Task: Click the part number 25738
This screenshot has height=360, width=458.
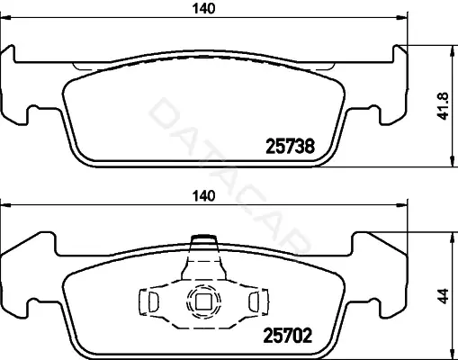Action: coord(291,147)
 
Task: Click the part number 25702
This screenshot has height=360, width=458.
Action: coord(287,335)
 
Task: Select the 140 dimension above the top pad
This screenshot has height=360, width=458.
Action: coord(204,9)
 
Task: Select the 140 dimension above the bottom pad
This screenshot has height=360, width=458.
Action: coord(204,196)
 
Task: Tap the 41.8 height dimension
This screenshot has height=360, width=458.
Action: coord(444,105)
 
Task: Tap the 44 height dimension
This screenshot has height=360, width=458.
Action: coord(444,296)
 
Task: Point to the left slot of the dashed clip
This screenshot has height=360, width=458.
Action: coord(153,301)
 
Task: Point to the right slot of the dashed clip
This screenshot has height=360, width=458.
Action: coord(254,301)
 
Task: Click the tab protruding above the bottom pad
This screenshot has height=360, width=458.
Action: coord(204,238)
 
